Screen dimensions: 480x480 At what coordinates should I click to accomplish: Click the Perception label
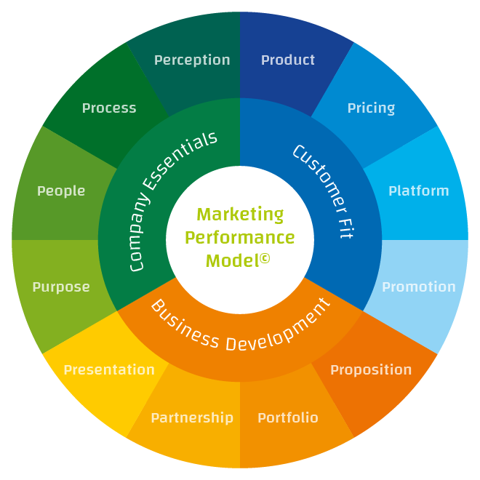coord(192,60)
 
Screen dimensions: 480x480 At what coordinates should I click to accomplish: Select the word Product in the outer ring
coord(288,60)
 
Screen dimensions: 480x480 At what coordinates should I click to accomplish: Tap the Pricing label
coord(371,108)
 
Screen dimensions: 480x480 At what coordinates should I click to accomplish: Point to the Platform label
coord(419,191)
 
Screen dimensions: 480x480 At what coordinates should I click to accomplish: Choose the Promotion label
coord(419,287)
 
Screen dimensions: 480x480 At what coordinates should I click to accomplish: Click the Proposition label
coord(371,370)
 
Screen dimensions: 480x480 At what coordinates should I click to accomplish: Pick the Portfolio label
coord(288,418)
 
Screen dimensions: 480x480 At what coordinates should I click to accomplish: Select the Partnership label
coord(192,418)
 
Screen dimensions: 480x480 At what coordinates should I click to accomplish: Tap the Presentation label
coord(109,370)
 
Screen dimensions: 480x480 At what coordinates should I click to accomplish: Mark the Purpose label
coord(61,287)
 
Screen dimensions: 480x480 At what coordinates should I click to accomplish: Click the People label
coord(61,191)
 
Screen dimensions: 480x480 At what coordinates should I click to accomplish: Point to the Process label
coord(109,108)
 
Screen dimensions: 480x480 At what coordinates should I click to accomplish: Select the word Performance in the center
coord(240,238)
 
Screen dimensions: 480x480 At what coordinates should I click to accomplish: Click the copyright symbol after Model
coord(265,257)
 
